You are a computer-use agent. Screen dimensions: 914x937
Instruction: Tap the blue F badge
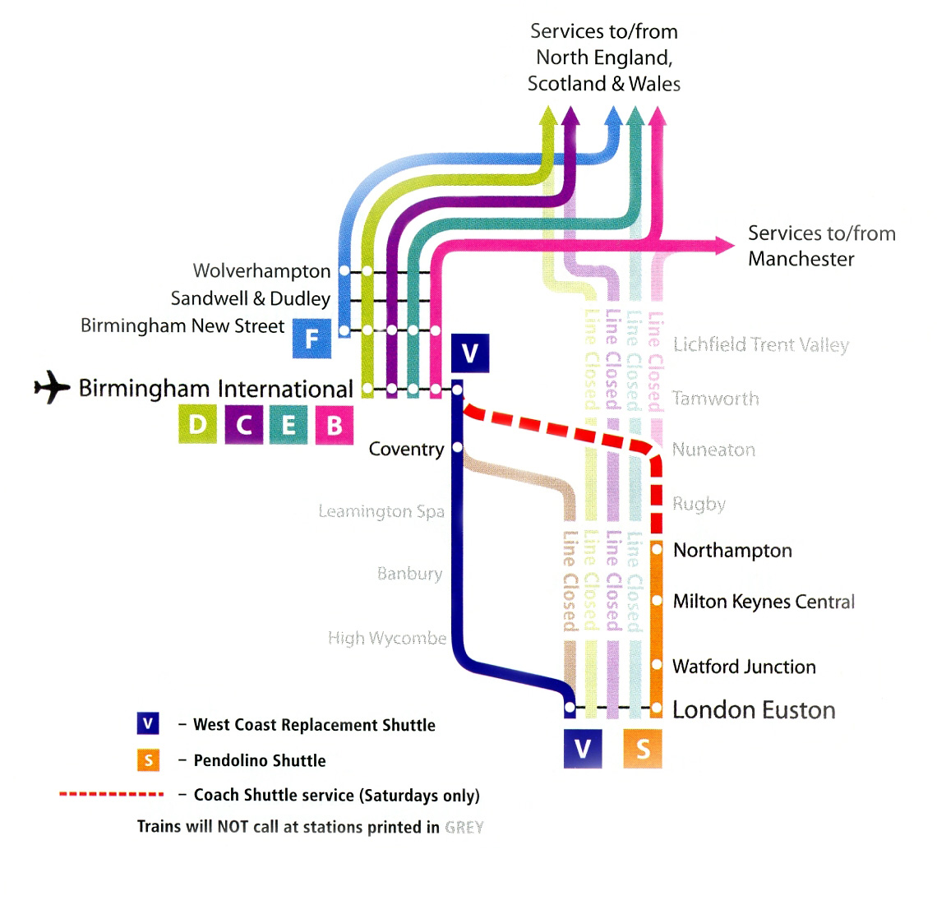(312, 339)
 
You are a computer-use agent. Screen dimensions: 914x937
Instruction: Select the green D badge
(198, 425)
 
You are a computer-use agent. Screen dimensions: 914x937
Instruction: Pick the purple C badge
(244, 425)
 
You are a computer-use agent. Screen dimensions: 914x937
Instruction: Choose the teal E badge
(288, 425)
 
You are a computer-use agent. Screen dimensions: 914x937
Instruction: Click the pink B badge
(334, 425)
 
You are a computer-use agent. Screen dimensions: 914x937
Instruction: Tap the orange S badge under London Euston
(643, 749)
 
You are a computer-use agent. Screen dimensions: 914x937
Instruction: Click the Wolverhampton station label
(261, 271)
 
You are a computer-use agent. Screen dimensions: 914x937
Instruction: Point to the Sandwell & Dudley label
(250, 298)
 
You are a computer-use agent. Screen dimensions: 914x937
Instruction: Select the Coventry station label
(406, 449)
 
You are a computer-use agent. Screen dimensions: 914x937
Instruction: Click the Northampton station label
(732, 551)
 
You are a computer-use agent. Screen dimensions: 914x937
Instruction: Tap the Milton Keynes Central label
(764, 602)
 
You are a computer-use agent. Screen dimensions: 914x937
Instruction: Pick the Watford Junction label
(744, 667)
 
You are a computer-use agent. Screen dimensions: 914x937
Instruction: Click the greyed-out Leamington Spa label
(381, 511)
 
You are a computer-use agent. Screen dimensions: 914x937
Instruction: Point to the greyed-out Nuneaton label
(713, 450)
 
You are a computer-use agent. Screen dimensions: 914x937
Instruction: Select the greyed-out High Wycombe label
(387, 638)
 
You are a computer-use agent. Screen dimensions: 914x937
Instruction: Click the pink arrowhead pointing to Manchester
(724, 244)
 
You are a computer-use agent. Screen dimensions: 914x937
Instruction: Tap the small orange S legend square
(148, 760)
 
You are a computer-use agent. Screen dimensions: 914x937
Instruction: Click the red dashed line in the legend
(111, 795)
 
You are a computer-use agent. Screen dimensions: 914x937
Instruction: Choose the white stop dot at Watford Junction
(657, 663)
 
